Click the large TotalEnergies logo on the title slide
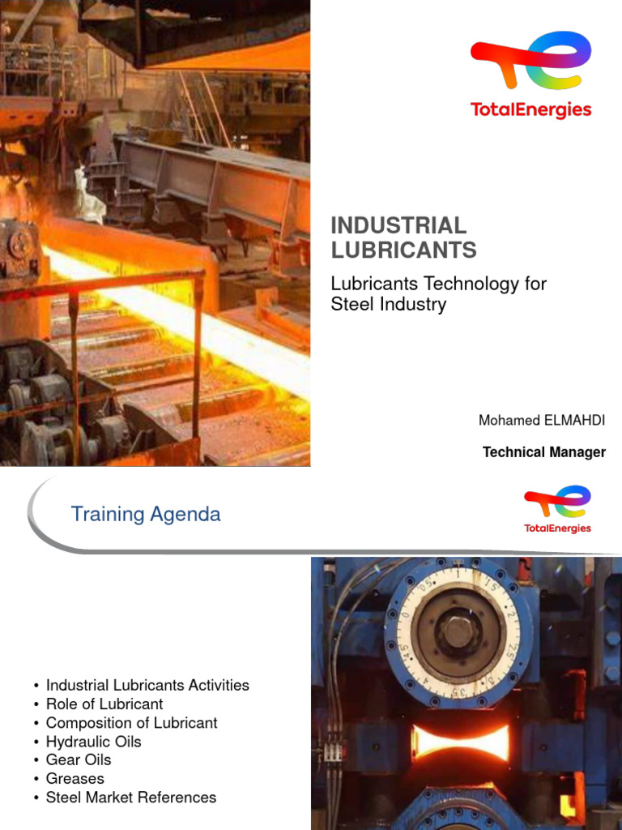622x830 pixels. [530, 75]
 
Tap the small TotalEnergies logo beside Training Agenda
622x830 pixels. [556, 509]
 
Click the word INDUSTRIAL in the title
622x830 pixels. [398, 226]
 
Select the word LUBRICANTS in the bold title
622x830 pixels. [403, 250]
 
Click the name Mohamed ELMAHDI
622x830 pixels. [541, 420]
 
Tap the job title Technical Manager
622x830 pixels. [543, 452]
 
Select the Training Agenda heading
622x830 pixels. [146, 514]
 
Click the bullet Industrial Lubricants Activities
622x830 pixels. [147, 685]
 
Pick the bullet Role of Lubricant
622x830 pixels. [104, 704]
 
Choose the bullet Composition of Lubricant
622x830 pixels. [131, 722]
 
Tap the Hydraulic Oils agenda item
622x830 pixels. [93, 742]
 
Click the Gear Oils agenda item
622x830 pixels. [79, 759]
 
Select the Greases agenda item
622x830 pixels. [75, 778]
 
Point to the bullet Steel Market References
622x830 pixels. [131, 798]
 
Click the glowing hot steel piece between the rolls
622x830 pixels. [460, 742]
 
